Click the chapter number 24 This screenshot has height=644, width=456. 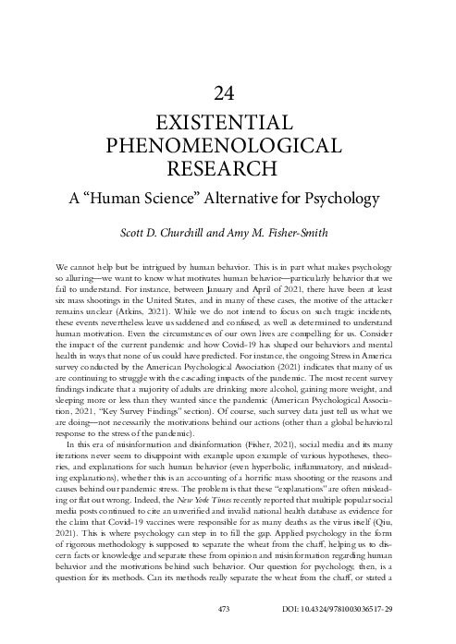(x=227, y=91)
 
